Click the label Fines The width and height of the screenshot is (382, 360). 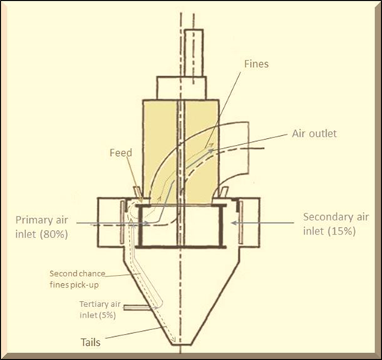coord(256,64)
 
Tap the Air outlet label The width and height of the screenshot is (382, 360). coord(314,134)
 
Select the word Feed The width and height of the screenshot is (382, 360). coord(121,152)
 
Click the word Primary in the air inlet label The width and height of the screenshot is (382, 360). coord(32,220)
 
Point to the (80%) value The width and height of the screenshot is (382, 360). coord(52,235)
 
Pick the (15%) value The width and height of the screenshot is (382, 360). coord(341,232)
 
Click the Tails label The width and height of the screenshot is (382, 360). coord(90,342)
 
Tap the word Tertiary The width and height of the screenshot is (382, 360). coord(91,304)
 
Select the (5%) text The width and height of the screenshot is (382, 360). coord(107,315)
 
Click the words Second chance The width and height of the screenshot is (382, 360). coord(78,273)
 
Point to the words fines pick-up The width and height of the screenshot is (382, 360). coord(74,285)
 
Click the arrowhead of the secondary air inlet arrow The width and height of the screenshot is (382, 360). coord(234,223)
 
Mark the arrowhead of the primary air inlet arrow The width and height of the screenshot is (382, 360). coord(148,223)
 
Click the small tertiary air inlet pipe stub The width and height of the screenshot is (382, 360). coord(137,308)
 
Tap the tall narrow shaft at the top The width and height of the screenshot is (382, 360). coord(194,53)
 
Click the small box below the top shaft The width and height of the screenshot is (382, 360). coord(181,88)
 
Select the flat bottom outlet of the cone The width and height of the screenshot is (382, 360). coord(181,344)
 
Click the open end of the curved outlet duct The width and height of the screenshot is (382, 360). coord(248,147)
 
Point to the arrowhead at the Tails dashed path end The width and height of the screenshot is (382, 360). coord(175,340)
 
